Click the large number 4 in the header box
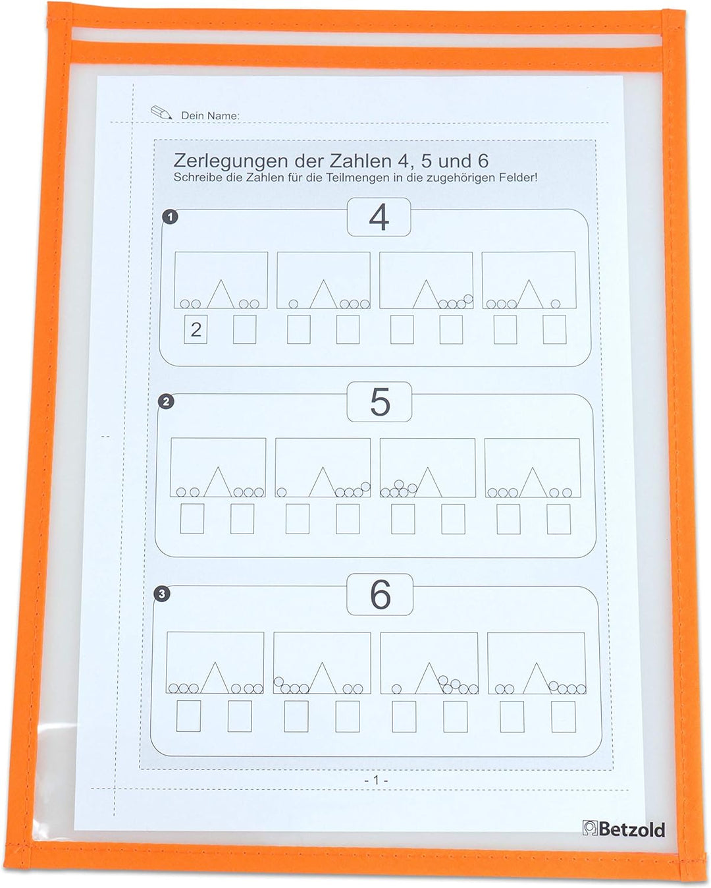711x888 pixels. click(x=379, y=217)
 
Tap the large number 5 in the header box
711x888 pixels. click(x=379, y=402)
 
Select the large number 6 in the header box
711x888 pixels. click(x=381, y=595)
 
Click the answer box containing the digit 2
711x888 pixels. click(x=196, y=329)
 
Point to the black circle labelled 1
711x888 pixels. click(x=170, y=216)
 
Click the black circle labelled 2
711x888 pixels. click(x=166, y=401)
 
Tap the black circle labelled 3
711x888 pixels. click(x=162, y=594)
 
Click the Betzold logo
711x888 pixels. click(x=624, y=829)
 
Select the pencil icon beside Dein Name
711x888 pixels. click(x=161, y=112)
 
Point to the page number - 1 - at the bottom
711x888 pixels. click(x=376, y=780)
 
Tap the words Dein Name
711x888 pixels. click(x=210, y=115)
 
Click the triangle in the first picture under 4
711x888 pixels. click(x=221, y=294)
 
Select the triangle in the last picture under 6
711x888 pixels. click(x=537, y=678)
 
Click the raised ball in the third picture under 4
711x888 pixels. click(x=468, y=298)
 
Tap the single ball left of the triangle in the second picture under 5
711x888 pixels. click(x=282, y=492)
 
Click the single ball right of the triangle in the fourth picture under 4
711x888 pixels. click(x=556, y=304)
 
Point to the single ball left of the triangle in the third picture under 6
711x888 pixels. click(x=396, y=688)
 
